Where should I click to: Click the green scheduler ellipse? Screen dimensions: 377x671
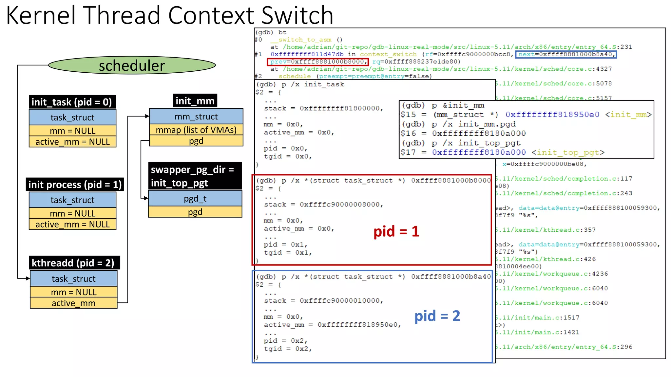pos(132,65)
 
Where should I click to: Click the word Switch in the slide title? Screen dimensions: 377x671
pos(297,15)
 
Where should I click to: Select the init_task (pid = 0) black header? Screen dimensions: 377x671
pos(72,102)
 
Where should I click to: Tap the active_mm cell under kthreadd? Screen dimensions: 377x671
pos(73,303)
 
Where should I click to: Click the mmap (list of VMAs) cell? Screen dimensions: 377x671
pos(196,130)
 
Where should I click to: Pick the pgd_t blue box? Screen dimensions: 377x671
pos(195,199)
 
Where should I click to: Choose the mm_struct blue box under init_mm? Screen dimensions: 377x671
pos(196,117)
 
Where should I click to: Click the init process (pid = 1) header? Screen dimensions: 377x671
pos(75,185)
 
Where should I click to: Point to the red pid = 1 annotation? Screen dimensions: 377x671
pos(396,231)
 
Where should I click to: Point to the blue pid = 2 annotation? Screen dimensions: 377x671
pos(437,316)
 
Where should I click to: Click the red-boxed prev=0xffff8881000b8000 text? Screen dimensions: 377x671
pos(317,62)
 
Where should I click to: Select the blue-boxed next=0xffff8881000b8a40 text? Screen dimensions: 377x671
pos(566,54)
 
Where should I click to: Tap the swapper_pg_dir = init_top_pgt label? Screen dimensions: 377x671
pos(195,176)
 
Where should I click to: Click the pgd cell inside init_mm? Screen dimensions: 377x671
pos(196,141)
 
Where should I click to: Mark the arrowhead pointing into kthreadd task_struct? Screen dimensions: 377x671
pos(28,278)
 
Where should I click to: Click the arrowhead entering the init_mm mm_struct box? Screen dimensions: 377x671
pos(147,116)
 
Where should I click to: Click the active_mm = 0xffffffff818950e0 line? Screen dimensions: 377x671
pos(332,325)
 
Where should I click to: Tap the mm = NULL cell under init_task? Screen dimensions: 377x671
pos(72,131)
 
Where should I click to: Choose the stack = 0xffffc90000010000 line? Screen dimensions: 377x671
pos(323,300)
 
